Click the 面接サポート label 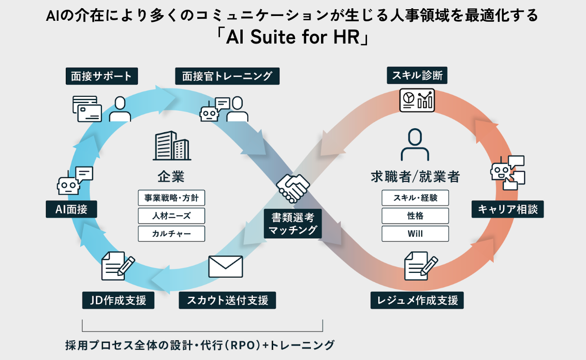click(102, 76)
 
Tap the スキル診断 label click(417, 75)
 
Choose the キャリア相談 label click(508, 210)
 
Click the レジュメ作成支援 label click(417, 300)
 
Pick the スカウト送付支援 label click(227, 300)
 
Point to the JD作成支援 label click(118, 300)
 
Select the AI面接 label click(72, 210)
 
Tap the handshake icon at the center click(293, 188)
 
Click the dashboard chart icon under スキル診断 click(417, 100)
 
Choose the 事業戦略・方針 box click(171, 197)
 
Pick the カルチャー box click(171, 234)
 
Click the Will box click(415, 234)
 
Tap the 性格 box click(415, 215)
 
